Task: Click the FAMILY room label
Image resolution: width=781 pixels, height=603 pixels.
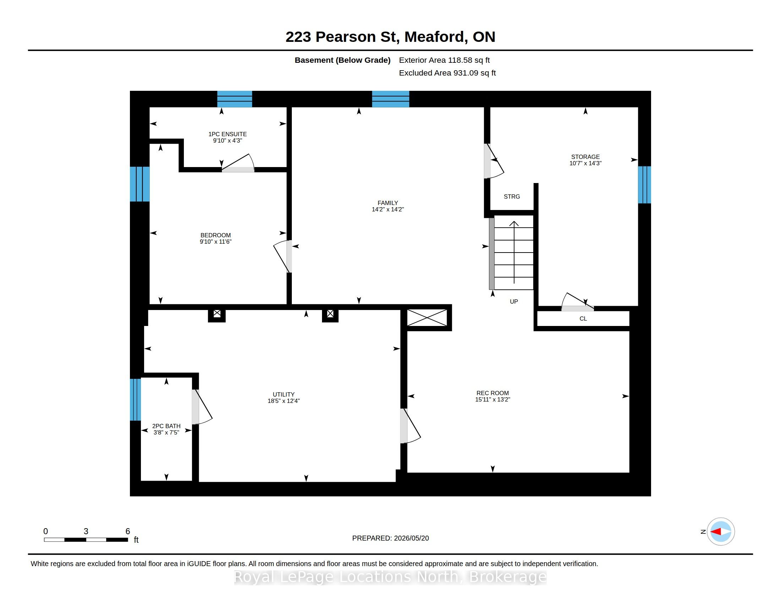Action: pyautogui.click(x=388, y=203)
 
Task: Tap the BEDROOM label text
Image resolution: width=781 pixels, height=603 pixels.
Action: pyautogui.click(x=215, y=236)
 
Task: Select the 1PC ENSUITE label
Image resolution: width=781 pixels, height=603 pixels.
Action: pyautogui.click(x=228, y=134)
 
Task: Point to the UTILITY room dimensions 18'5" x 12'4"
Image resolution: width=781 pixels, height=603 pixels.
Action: pyautogui.click(x=284, y=401)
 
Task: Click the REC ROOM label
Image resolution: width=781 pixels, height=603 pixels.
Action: pyautogui.click(x=492, y=393)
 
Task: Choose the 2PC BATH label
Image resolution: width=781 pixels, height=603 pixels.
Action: pyautogui.click(x=166, y=426)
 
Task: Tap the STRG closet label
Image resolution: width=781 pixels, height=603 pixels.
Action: pyautogui.click(x=512, y=197)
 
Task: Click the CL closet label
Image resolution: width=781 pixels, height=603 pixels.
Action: pyautogui.click(x=583, y=319)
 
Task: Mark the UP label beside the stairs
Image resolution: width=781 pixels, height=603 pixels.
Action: pyautogui.click(x=514, y=301)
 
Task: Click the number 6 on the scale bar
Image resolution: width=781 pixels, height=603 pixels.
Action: pyautogui.click(x=128, y=531)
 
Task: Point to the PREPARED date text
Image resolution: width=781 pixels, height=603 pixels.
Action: pyautogui.click(x=390, y=538)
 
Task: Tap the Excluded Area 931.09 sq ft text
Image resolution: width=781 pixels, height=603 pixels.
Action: pyautogui.click(x=447, y=73)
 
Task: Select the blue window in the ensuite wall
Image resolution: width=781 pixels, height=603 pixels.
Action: pyautogui.click(x=235, y=99)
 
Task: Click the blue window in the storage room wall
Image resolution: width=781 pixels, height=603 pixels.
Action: pyautogui.click(x=644, y=185)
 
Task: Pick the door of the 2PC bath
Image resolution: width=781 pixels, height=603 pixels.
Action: pyautogui.click(x=202, y=407)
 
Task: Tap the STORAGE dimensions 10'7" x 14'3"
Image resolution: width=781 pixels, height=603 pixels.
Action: pyautogui.click(x=585, y=163)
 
